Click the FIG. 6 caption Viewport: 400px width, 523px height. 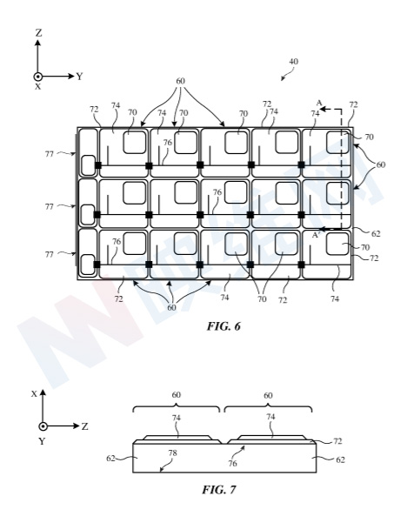223,325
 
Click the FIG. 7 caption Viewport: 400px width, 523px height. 219,489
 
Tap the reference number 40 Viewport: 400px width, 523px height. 293,62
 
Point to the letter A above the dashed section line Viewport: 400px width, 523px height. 319,103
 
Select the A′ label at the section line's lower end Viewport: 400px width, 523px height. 316,235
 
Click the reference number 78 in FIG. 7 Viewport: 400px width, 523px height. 173,453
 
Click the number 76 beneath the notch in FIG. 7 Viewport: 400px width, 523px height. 232,463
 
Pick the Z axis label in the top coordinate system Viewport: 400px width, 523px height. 38,33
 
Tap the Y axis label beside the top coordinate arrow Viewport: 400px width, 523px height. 79,77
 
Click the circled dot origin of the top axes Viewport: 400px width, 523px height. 38,77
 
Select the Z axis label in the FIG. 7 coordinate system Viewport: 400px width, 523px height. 84,426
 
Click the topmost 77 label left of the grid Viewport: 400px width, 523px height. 50,154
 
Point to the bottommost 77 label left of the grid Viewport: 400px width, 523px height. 50,254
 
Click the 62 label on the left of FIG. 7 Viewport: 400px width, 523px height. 111,459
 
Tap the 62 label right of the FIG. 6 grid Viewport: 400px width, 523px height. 376,234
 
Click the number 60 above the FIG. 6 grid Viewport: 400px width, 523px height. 180,81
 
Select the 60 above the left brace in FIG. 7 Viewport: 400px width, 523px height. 177,395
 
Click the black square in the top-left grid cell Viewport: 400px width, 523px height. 97,165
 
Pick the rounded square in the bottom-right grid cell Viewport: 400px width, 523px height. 337,244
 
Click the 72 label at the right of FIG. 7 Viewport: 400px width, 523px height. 337,441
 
